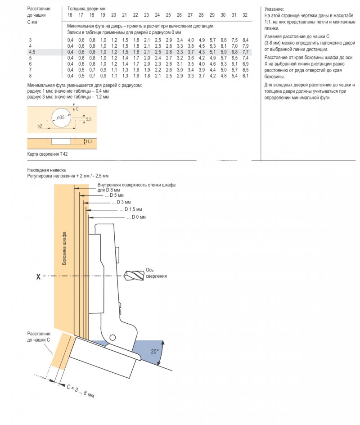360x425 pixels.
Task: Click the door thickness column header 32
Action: pos(245,15)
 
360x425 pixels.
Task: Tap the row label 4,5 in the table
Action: pos(31,52)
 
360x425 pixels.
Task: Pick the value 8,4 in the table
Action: pos(245,41)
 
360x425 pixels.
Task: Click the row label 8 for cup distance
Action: pos(30,76)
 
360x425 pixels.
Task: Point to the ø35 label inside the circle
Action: pos(61,118)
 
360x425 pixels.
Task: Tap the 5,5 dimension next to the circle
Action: pos(88,119)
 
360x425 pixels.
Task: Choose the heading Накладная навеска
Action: pos(46,170)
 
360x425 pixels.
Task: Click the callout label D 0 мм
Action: pos(136,217)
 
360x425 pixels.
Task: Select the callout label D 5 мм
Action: pos(114,195)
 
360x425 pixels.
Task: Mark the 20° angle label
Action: pos(154,350)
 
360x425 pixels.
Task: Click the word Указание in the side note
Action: pos(274,9)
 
